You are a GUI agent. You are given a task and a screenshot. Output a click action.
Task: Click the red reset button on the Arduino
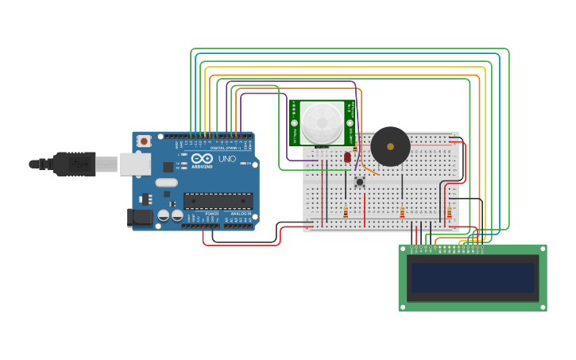(144, 141)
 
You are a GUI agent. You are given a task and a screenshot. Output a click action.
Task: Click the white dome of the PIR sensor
(322, 122)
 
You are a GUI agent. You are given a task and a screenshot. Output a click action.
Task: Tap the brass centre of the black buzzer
(390, 146)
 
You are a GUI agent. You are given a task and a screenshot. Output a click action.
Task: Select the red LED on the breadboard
(347, 157)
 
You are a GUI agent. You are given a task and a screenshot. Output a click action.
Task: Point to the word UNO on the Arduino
(227, 159)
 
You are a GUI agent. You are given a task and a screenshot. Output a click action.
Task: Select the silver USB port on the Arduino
(135, 165)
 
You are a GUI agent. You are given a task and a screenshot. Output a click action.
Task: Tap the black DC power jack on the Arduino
(140, 216)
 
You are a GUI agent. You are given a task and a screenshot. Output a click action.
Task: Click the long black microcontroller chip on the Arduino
(218, 201)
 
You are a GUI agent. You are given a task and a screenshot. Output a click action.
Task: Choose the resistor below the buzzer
(402, 212)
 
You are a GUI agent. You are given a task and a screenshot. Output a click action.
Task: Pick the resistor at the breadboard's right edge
(449, 212)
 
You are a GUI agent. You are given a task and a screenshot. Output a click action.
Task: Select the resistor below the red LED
(346, 212)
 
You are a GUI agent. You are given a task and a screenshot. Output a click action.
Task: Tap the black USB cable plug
(75, 164)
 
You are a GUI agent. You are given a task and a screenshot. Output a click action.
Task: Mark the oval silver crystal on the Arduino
(166, 183)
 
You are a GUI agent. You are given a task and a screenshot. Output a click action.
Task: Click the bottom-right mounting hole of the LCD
(542, 306)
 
